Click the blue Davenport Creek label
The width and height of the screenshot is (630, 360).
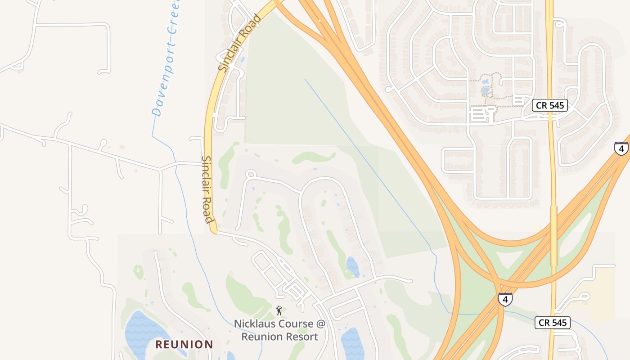[x=166, y=58]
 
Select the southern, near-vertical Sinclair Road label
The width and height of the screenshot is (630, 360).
[x=207, y=189]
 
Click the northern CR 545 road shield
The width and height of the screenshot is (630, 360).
[x=550, y=105]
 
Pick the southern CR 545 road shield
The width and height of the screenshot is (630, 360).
[x=553, y=322]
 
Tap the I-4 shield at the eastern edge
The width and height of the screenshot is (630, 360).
[x=621, y=148]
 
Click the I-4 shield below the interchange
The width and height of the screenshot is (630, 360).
[x=505, y=299]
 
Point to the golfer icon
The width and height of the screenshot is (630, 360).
[x=279, y=310]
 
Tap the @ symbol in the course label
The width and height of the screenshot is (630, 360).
[x=319, y=324]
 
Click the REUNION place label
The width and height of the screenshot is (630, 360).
[x=184, y=345]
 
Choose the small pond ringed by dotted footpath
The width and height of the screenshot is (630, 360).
[x=486, y=90]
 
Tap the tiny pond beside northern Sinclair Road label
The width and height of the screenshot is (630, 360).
[x=242, y=59]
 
